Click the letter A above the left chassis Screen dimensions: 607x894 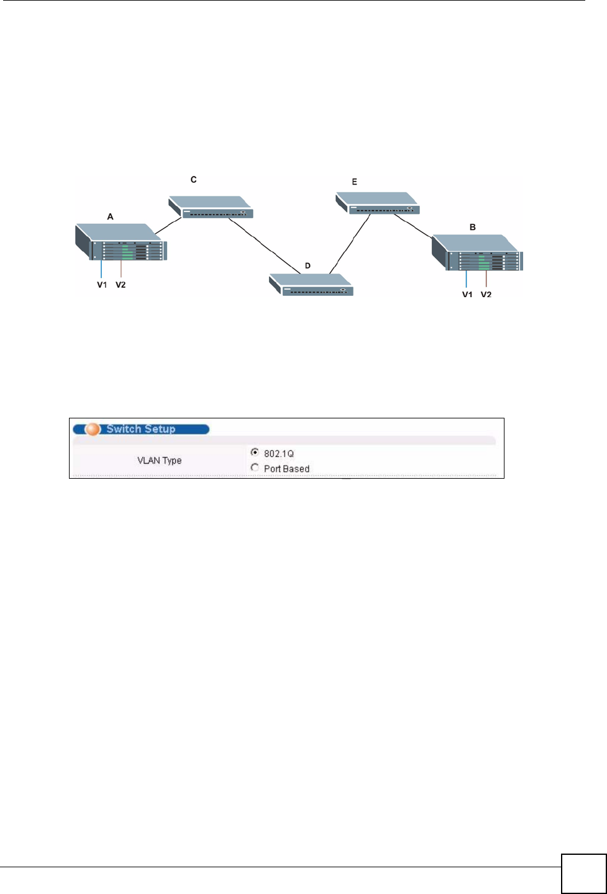point(111,217)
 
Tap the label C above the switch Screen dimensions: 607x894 point(194,180)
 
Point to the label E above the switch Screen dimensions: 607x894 point(355,182)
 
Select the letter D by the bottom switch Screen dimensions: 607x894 point(308,266)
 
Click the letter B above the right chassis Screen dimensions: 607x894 point(473,228)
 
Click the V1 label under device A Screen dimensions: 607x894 point(102,285)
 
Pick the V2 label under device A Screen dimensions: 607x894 point(121,285)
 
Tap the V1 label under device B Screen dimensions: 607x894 point(467,295)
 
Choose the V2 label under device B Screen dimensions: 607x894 point(486,295)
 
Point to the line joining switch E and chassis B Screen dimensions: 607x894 point(413,227)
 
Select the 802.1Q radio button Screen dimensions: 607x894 point(255,453)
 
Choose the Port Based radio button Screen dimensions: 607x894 point(255,468)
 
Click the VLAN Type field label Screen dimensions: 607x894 point(160,461)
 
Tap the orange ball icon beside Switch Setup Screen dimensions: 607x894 point(93,429)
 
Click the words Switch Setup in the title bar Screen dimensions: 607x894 point(141,429)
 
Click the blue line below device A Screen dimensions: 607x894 point(101,269)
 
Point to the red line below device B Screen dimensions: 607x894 point(486,278)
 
